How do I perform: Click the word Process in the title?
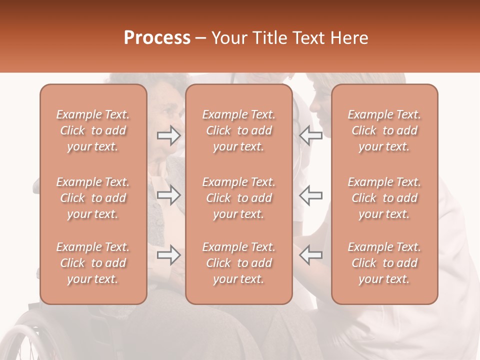point(157,38)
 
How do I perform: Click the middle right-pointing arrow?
point(169,195)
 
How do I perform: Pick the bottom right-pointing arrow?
point(169,255)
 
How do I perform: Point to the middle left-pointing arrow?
point(310,195)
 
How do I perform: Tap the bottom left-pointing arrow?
point(310,255)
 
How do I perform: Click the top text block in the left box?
point(93,130)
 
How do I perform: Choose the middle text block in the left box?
point(93,198)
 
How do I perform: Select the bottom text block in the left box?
point(93,263)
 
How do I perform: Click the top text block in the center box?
point(239,130)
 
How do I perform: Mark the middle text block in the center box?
point(239,198)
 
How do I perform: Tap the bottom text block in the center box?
point(239,263)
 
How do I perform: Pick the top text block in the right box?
point(384,130)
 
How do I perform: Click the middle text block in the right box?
point(384,198)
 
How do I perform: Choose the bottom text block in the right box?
point(384,263)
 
